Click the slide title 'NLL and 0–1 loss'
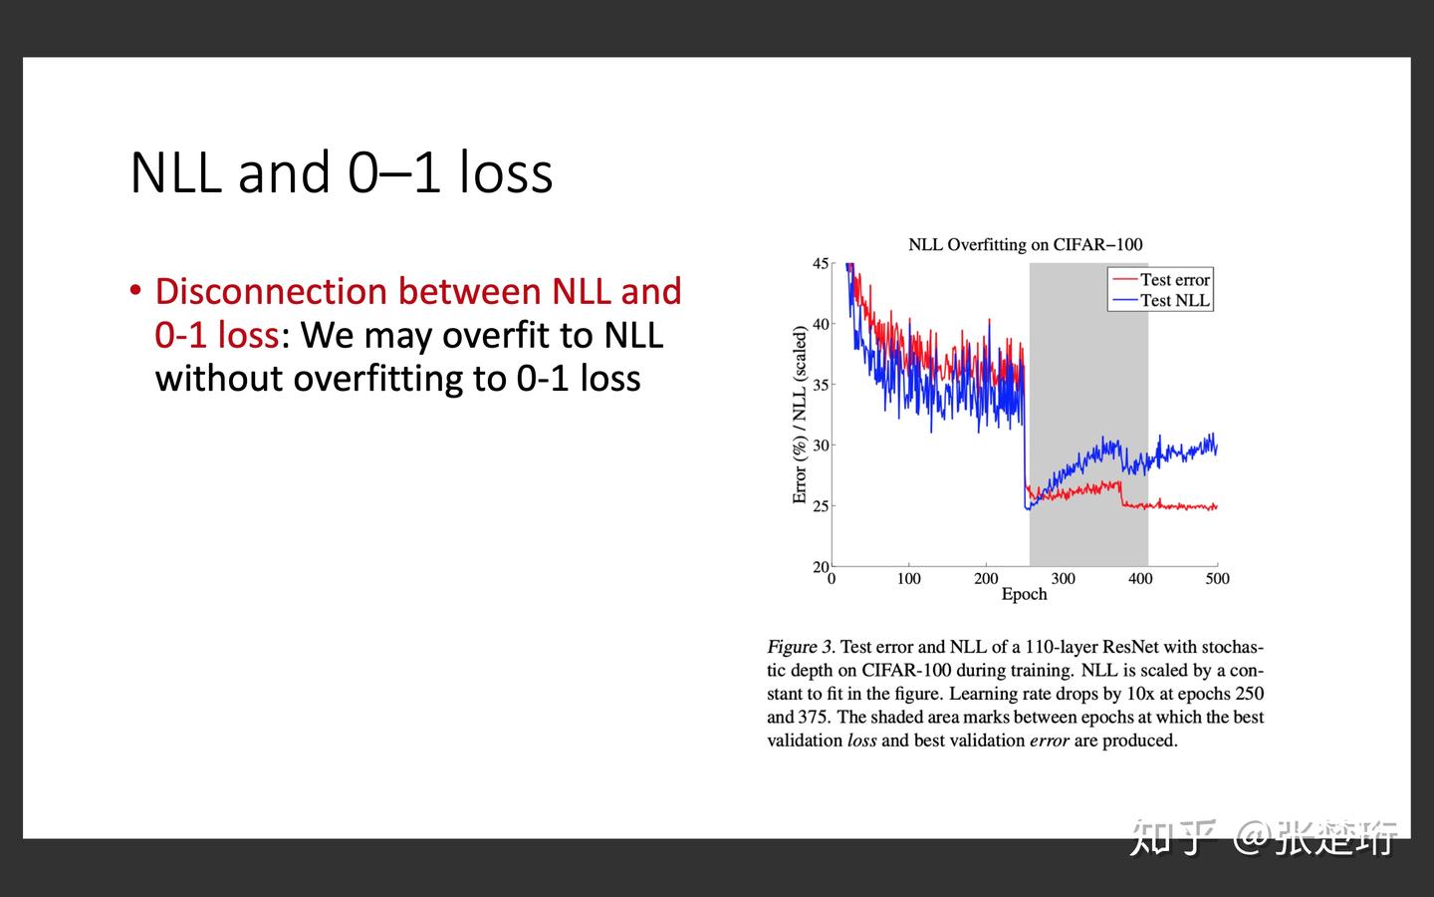(x=341, y=172)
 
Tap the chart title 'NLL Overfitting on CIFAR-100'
(x=1025, y=244)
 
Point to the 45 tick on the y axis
(x=821, y=263)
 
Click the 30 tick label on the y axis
(x=821, y=446)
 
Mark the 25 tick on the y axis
(x=821, y=506)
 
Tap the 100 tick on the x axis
(x=908, y=579)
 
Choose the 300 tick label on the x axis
(x=1063, y=579)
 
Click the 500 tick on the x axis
(x=1217, y=579)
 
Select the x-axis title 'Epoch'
(x=1024, y=594)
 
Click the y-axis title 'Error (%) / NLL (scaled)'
(x=800, y=415)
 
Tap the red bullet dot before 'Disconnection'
(x=135, y=290)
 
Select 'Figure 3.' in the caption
(x=801, y=647)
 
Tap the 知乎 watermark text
(x=1173, y=837)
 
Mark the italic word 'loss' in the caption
(x=861, y=741)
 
